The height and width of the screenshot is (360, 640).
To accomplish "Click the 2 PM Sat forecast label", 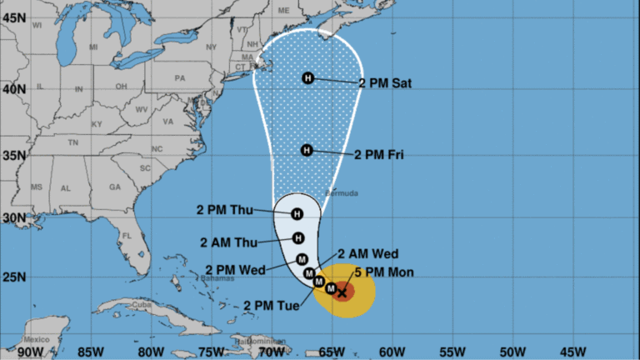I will pyautogui.click(x=385, y=83).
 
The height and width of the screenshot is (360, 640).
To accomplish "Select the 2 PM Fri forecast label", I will pyautogui.click(x=381, y=154).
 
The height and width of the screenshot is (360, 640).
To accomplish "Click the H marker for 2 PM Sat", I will pyautogui.click(x=308, y=78).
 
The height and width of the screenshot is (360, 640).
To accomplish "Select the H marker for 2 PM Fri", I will pyautogui.click(x=307, y=150).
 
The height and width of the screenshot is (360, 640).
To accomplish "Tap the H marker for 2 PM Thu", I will pyautogui.click(x=297, y=214).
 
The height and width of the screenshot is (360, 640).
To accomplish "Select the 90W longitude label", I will pyautogui.click(x=29, y=351).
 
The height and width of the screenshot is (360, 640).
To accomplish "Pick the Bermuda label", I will pyautogui.click(x=345, y=193).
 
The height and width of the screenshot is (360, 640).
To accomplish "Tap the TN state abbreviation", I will pyautogui.click(x=72, y=142).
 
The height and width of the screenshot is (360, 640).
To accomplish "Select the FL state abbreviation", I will pyautogui.click(x=127, y=236).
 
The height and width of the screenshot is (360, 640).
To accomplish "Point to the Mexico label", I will pyautogui.click(x=37, y=339).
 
